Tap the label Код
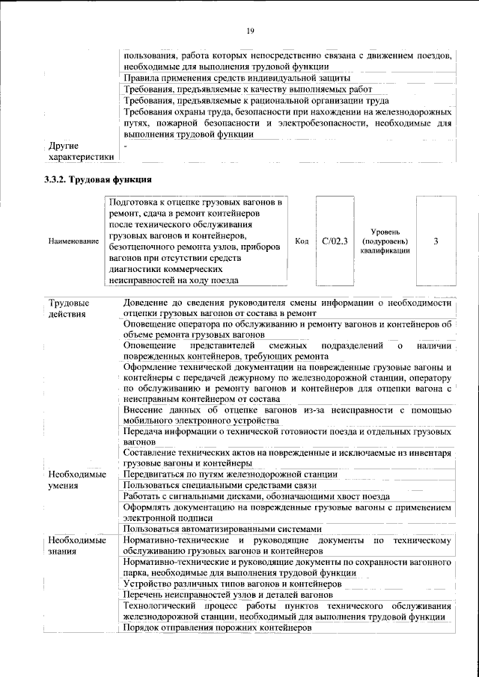tap(302, 241)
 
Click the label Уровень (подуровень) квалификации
tap(384, 241)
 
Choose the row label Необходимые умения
tap(73, 480)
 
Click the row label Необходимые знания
tap(73, 545)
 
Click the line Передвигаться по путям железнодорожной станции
tap(231, 474)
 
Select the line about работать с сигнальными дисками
tap(256, 497)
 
